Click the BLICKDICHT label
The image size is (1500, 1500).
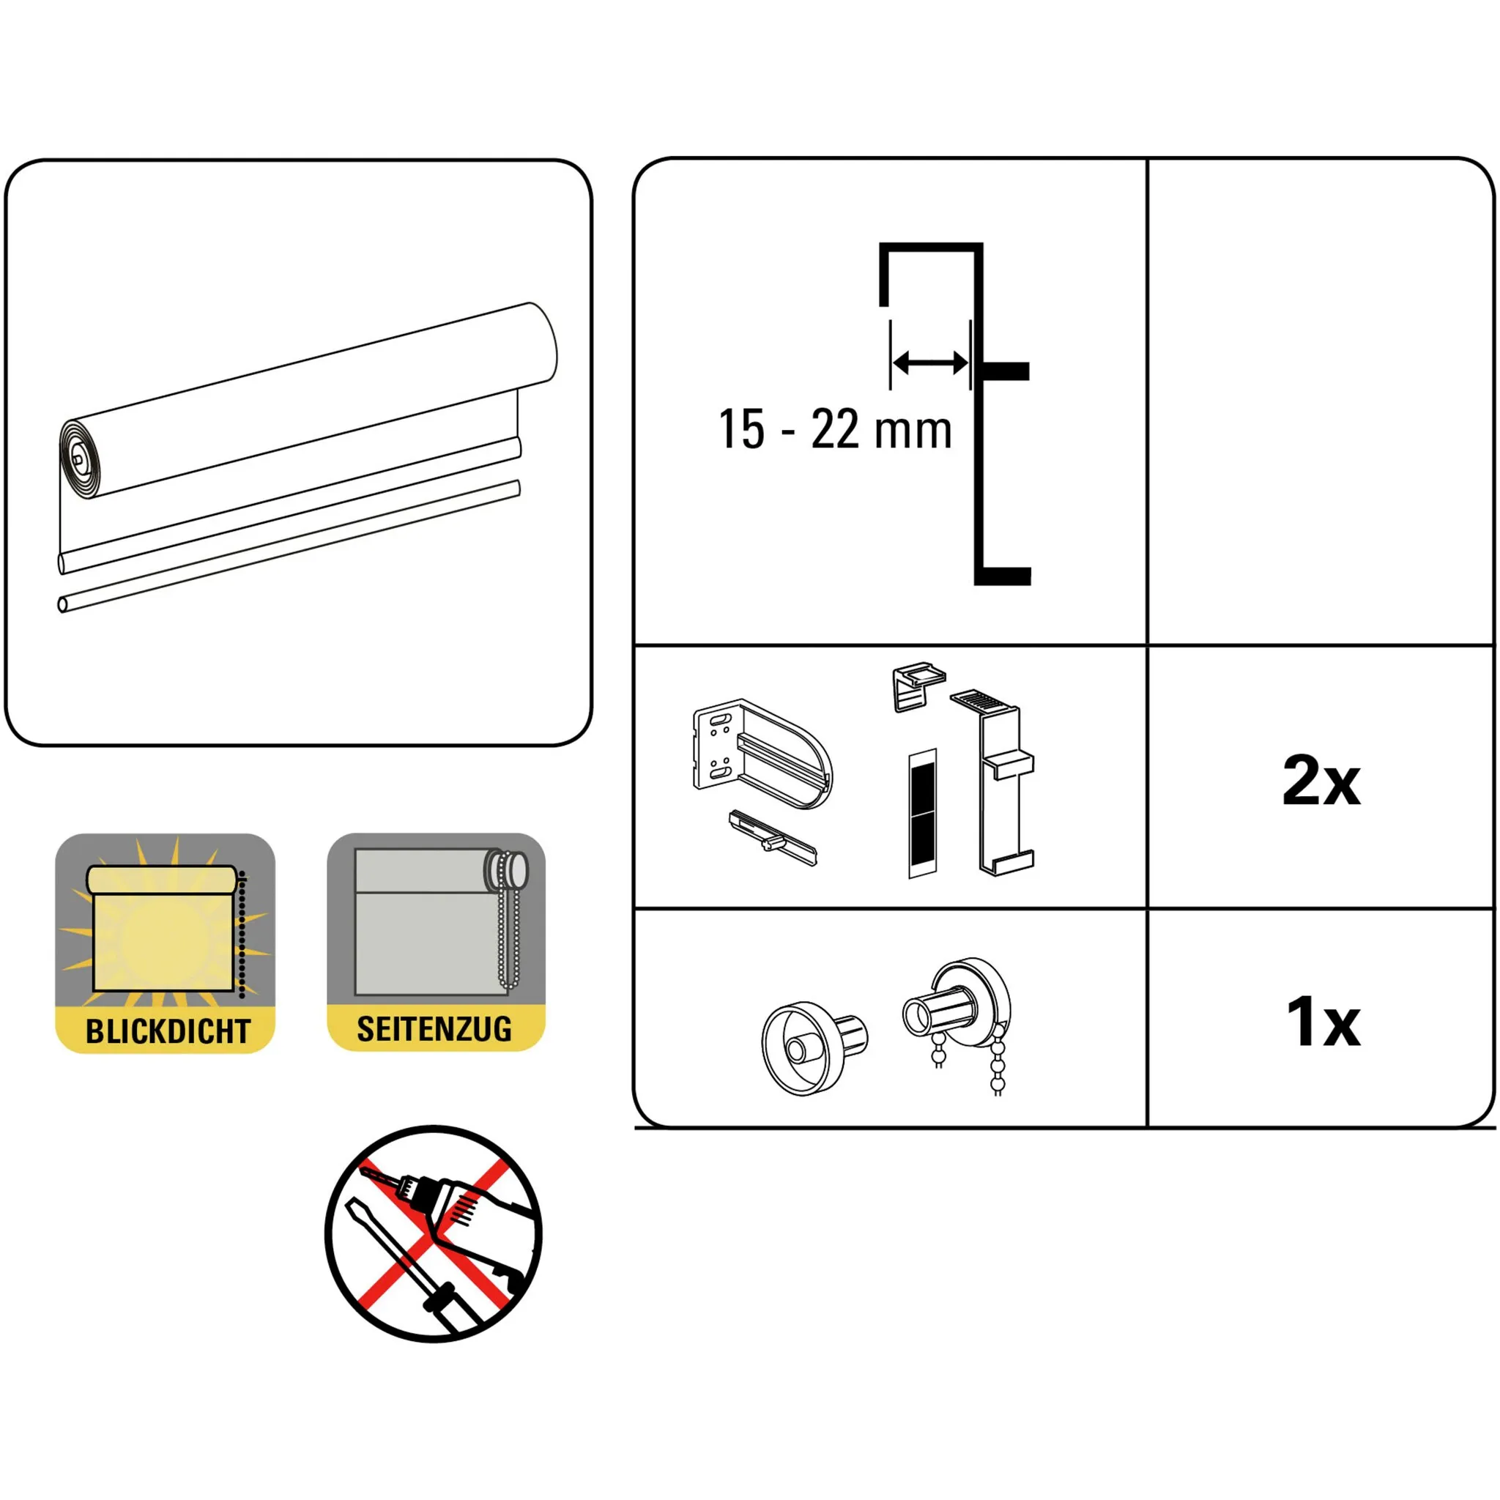tap(168, 1032)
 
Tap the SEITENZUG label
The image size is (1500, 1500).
tap(434, 1030)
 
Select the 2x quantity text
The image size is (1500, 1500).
tap(1321, 781)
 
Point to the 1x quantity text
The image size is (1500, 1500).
tap(1323, 1022)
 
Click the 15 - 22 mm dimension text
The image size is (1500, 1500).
tap(835, 429)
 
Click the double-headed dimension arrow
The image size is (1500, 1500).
tap(930, 363)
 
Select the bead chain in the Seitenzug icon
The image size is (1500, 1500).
tap(508, 921)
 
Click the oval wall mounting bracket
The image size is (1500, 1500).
tap(762, 753)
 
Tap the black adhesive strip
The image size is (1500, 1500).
tap(922, 813)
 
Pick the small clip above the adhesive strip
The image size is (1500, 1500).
tap(919, 686)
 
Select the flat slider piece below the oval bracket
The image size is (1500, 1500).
tap(773, 838)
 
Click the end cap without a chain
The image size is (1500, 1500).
tap(814, 1048)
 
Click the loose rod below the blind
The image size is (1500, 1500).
tap(289, 546)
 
